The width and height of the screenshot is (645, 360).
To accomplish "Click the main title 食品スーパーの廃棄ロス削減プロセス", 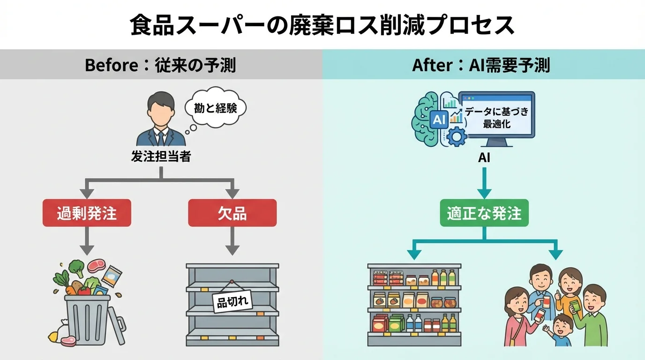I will pyautogui.click(x=322, y=26).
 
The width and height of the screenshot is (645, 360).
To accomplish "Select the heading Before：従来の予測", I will pyautogui.click(x=160, y=65).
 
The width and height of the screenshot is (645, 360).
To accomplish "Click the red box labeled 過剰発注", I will pyautogui.click(x=87, y=213).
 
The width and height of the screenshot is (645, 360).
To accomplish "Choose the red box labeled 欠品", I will pyautogui.click(x=232, y=213).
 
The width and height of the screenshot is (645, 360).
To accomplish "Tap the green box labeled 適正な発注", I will pyautogui.click(x=484, y=214).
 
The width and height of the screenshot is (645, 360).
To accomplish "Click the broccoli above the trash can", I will pyautogui.click(x=77, y=269).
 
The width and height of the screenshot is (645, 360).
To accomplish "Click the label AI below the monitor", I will pyautogui.click(x=484, y=158).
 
